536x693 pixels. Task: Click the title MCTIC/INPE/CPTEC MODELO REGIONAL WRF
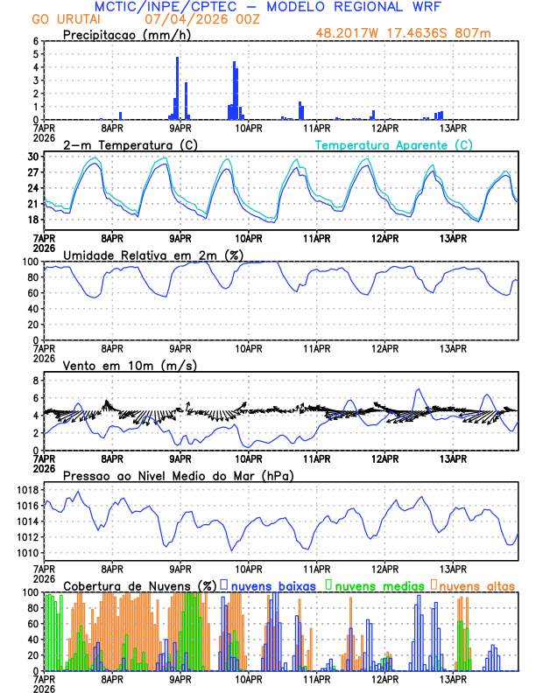(x=267, y=7)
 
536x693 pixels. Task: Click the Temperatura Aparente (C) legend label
(x=394, y=144)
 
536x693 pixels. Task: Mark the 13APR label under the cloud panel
(x=453, y=679)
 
